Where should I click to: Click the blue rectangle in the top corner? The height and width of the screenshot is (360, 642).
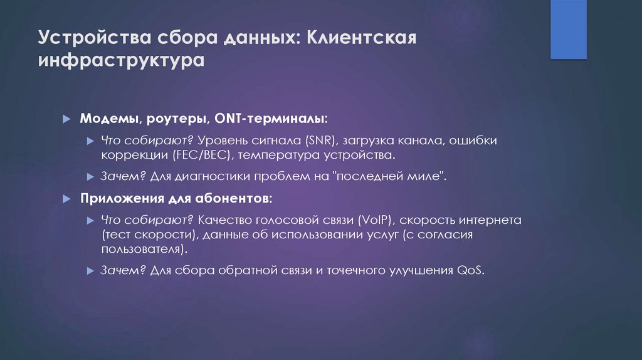coord(568,29)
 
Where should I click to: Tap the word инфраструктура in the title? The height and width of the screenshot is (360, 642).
coord(121,61)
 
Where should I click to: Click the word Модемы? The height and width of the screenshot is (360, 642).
coord(105,119)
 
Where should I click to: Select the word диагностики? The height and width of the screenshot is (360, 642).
coord(206,176)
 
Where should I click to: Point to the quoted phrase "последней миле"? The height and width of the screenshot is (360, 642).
coord(391,176)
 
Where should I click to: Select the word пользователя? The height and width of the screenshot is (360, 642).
coord(144,248)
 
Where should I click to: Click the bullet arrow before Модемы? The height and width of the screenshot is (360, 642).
coord(68,119)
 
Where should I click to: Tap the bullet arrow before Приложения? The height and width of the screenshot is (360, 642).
coord(68,199)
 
